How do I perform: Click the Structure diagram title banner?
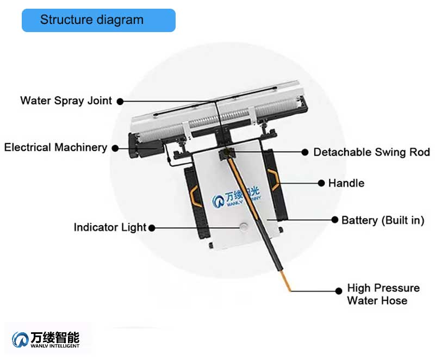coord(98,20)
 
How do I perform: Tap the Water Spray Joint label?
coord(66,101)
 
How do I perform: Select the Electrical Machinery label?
coord(55,147)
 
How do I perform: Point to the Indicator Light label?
coord(110,227)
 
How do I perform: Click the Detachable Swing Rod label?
coord(371,152)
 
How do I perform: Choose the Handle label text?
coord(346,183)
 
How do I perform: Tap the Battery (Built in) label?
coord(382,220)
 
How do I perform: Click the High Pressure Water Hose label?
coord(383,294)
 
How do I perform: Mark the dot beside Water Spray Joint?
coord(120,101)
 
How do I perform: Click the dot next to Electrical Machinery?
coord(115,147)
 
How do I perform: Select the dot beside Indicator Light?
coord(152,228)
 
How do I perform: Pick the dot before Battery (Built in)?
coord(335,220)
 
